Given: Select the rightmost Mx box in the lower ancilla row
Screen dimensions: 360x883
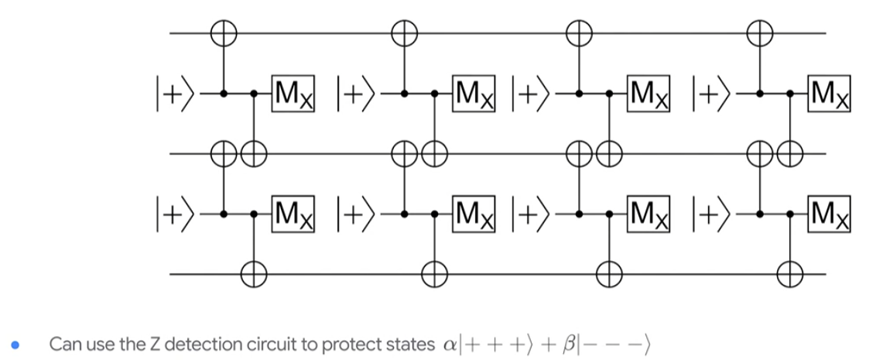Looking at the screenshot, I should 830,211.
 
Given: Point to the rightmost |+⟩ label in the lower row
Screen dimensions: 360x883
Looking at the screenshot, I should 714,211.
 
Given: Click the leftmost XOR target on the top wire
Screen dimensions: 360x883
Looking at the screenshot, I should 224,33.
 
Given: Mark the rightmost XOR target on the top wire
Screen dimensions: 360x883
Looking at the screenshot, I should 760,33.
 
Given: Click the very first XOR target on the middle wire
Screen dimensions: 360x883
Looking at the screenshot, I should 224,153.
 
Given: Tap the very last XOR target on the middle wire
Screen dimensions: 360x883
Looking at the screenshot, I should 789,153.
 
